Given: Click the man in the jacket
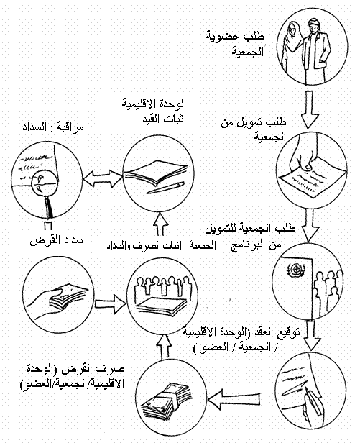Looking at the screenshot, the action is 315,51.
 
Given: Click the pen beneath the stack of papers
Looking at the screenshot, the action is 166,188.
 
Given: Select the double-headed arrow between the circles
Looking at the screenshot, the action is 103,178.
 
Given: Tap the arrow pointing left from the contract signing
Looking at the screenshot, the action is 234,399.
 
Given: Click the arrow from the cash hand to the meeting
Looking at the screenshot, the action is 111,304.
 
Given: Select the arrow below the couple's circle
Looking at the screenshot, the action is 310,109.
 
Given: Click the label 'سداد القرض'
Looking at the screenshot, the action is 57,241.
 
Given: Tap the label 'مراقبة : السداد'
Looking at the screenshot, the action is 53,127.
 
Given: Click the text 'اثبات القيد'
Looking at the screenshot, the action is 164,119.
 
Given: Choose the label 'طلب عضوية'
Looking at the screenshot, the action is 235,37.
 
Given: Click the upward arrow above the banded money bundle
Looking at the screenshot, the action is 164,347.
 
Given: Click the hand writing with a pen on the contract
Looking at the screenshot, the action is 310,407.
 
